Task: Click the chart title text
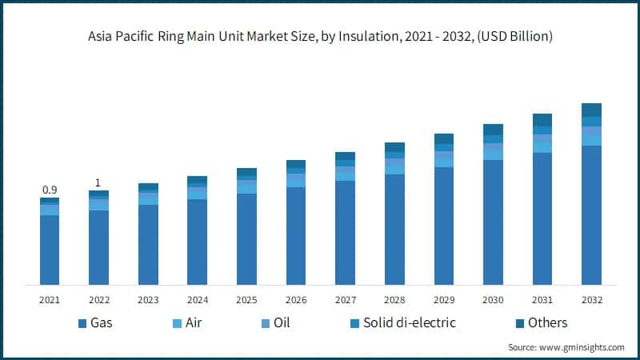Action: pyautogui.click(x=320, y=37)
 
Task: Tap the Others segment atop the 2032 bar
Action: pyautogui.click(x=591, y=110)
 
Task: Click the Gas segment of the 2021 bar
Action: pyautogui.click(x=50, y=250)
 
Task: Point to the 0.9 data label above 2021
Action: pyautogui.click(x=50, y=190)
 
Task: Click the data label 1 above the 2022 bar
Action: pyautogui.click(x=98, y=182)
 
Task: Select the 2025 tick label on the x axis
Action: pyautogui.click(x=246, y=300)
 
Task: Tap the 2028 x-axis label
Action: pyautogui.click(x=394, y=300)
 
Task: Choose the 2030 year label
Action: pyautogui.click(x=493, y=300)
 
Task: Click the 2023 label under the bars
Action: pyautogui.click(x=148, y=300)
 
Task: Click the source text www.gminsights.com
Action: pyautogui.click(x=566, y=347)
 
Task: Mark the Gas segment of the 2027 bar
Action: pyautogui.click(x=345, y=232)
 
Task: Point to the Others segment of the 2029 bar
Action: pyautogui.click(x=444, y=138)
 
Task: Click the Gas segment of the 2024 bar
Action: pyautogui.click(x=197, y=242)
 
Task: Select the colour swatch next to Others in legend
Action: pyautogui.click(x=518, y=323)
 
